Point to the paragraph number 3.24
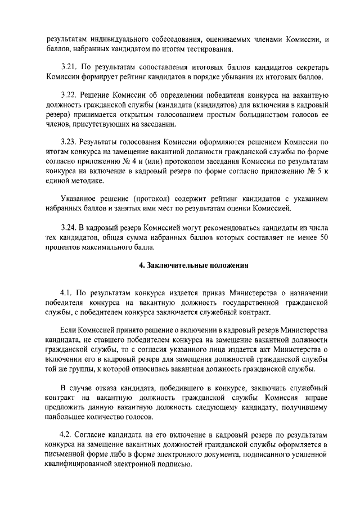69,227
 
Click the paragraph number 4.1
67,293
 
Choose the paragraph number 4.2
67,436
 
